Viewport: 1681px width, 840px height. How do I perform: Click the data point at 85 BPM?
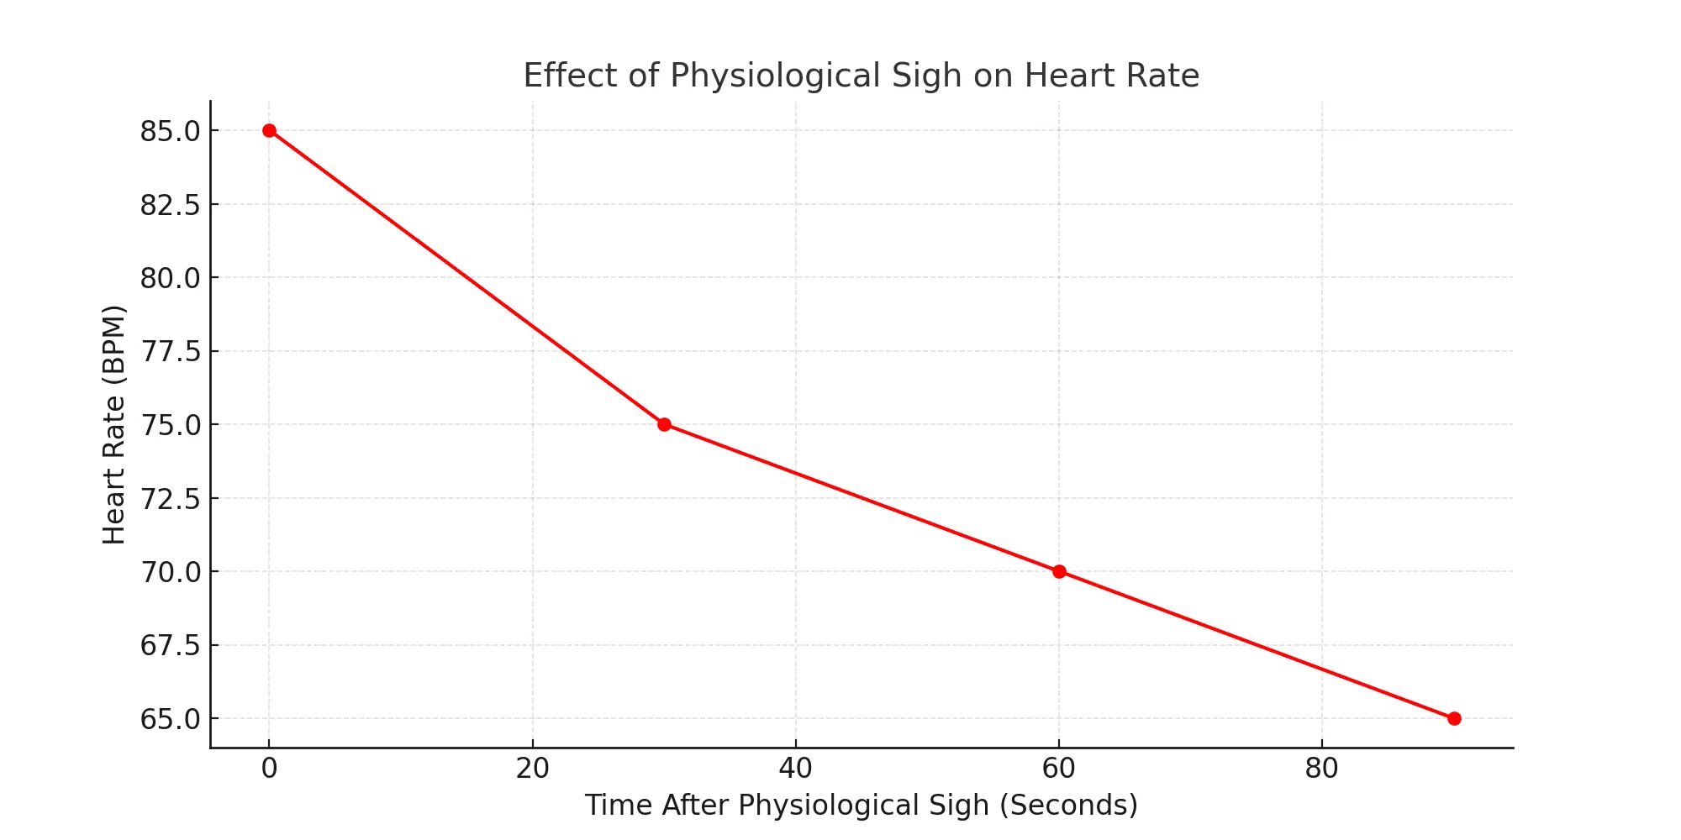pyautogui.click(x=269, y=130)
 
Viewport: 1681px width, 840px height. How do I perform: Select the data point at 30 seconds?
pyautogui.click(x=664, y=424)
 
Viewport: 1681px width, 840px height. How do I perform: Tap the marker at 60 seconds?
pyautogui.click(x=1059, y=571)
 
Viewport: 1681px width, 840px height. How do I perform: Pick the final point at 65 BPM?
pyautogui.click(x=1454, y=718)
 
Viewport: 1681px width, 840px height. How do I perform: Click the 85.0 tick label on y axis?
pyautogui.click(x=170, y=131)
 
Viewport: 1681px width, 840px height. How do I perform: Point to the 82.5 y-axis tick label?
pyautogui.click(x=170, y=205)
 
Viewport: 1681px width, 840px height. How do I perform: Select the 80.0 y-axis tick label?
pyautogui.click(x=170, y=278)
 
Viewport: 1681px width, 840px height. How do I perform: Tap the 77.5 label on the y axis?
pyautogui.click(x=170, y=352)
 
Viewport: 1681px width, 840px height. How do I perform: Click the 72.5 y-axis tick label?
pyautogui.click(x=170, y=499)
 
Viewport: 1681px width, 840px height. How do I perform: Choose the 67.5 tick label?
pyautogui.click(x=170, y=646)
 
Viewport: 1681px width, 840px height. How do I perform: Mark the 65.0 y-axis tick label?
pyautogui.click(x=170, y=719)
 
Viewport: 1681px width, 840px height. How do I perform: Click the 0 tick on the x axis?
pyautogui.click(x=269, y=769)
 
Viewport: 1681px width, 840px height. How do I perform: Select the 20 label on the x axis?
pyautogui.click(x=532, y=769)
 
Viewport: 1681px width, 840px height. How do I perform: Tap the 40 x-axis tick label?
pyautogui.click(x=795, y=769)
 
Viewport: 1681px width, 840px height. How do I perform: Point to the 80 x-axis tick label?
pyautogui.click(x=1321, y=769)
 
